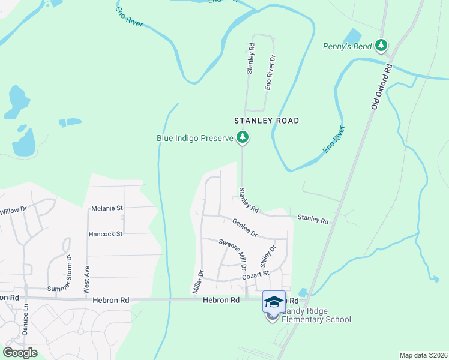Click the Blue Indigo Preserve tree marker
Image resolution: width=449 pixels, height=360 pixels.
243,138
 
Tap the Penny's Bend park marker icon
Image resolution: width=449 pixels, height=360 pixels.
381,45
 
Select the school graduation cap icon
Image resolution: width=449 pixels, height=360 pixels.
274,302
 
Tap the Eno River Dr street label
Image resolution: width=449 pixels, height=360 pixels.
271,72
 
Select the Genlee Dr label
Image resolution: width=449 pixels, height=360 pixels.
244,226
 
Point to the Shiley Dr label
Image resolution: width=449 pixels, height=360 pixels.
268,256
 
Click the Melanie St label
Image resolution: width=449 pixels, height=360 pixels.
107,208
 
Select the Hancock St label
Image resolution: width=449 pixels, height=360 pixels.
106,234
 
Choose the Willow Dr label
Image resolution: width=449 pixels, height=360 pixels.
14,211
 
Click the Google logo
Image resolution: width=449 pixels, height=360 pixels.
20,352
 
